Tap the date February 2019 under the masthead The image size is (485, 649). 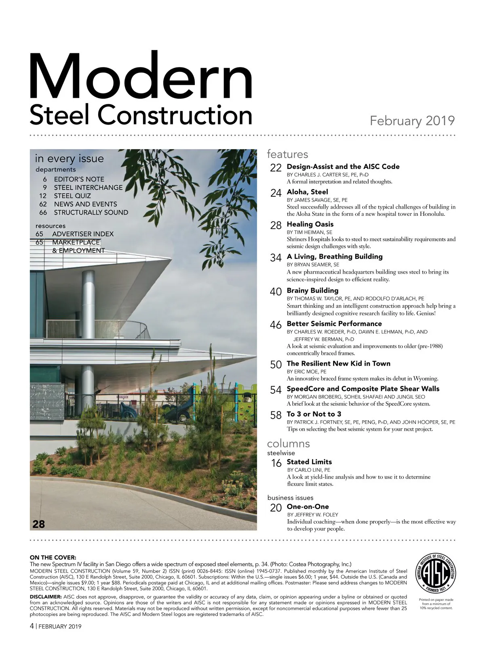click(412, 121)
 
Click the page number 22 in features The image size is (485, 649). click(276, 168)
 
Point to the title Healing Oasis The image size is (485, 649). click(310, 224)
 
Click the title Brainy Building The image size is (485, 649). click(312, 291)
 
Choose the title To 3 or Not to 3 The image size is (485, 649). click(314, 414)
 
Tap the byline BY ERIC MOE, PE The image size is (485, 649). click(306, 371)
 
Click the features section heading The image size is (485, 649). click(287, 154)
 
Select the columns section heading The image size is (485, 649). click(288, 443)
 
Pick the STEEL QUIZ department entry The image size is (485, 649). click(72, 196)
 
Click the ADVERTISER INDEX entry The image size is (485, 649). click(83, 234)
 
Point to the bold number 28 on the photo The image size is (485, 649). click(39, 524)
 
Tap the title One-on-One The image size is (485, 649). click(308, 507)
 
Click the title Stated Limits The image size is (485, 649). click(309, 462)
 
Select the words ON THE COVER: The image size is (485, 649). click(53, 558)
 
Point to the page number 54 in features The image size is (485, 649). click(276, 390)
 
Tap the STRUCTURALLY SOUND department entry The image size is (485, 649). click(91, 213)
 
